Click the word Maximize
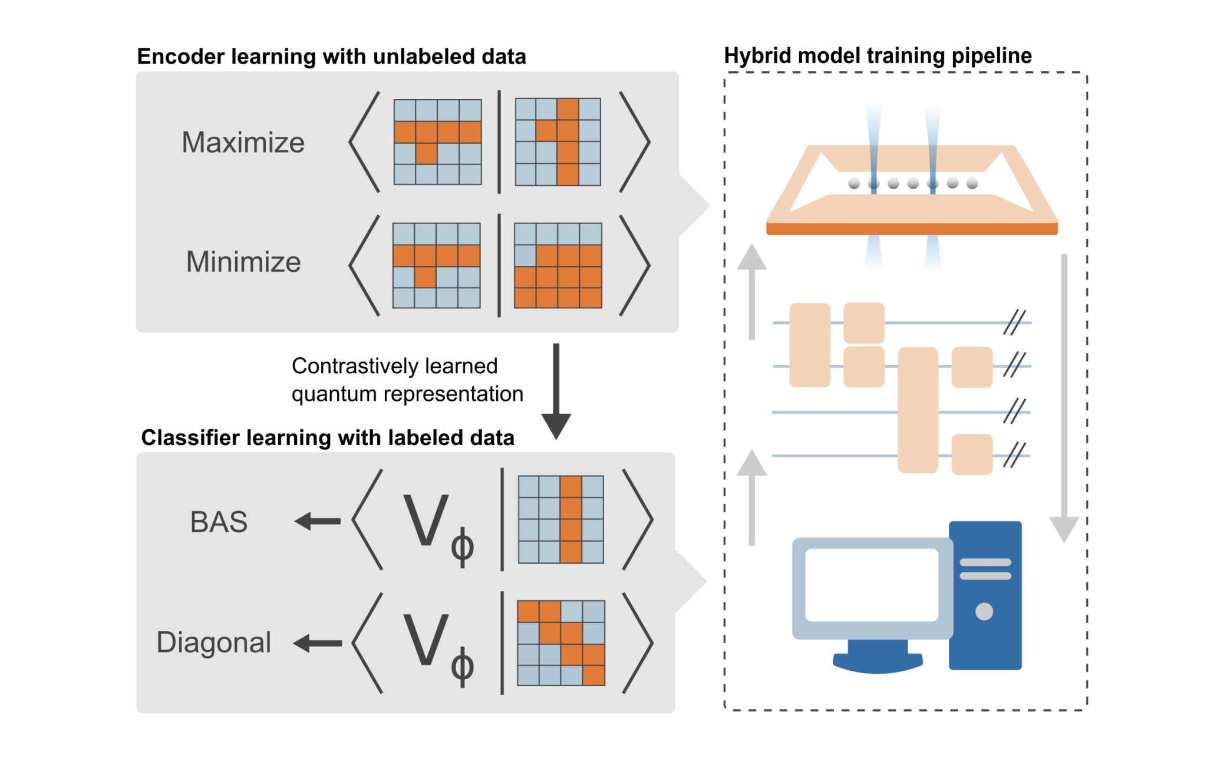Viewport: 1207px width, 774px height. [x=243, y=143]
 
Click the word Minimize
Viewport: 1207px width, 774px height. [x=243, y=262]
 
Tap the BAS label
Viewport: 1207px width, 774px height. [x=219, y=522]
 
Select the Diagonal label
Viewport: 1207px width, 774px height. [x=213, y=643]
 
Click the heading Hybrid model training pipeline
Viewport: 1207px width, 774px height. [x=878, y=55]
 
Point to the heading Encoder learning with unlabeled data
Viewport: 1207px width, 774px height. [x=331, y=57]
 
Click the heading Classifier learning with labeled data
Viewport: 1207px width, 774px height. [x=328, y=438]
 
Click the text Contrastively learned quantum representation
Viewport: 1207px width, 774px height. [x=407, y=380]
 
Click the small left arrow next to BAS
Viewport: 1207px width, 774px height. [x=318, y=521]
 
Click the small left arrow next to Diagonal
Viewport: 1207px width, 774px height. [x=318, y=643]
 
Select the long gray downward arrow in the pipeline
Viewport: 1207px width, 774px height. [x=1064, y=395]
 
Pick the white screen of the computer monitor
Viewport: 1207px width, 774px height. [x=872, y=585]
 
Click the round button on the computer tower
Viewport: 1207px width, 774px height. [x=984, y=611]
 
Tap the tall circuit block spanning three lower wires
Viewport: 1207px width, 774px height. [x=918, y=410]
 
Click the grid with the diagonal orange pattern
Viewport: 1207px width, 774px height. [x=561, y=643]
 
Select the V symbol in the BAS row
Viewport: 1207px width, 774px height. [x=426, y=520]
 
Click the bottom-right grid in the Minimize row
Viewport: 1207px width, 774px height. [x=558, y=265]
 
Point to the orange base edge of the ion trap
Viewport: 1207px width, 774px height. [x=911, y=229]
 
